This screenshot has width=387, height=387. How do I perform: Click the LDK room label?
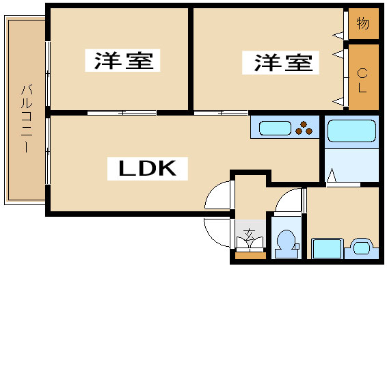(x=148, y=168)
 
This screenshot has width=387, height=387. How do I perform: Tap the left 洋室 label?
(x=123, y=60)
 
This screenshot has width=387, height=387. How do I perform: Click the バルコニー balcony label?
(x=27, y=118)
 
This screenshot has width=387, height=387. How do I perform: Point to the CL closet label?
(x=362, y=81)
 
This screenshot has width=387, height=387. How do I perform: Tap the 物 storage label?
(x=363, y=23)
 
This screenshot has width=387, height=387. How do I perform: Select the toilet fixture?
(x=286, y=244)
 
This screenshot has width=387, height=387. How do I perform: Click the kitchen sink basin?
(x=275, y=128)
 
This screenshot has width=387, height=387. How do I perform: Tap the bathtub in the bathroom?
(x=351, y=131)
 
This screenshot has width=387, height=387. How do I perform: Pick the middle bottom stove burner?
(x=299, y=131)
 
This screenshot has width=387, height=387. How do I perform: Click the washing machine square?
(x=328, y=248)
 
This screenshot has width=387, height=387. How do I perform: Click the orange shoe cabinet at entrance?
(x=250, y=256)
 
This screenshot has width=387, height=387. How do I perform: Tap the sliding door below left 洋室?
(x=122, y=113)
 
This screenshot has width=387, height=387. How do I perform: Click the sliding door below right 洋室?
(x=221, y=113)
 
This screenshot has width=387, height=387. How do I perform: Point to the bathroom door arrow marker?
(x=332, y=175)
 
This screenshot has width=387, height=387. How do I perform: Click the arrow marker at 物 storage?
(x=338, y=36)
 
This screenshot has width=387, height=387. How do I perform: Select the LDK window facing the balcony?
(x=48, y=151)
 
